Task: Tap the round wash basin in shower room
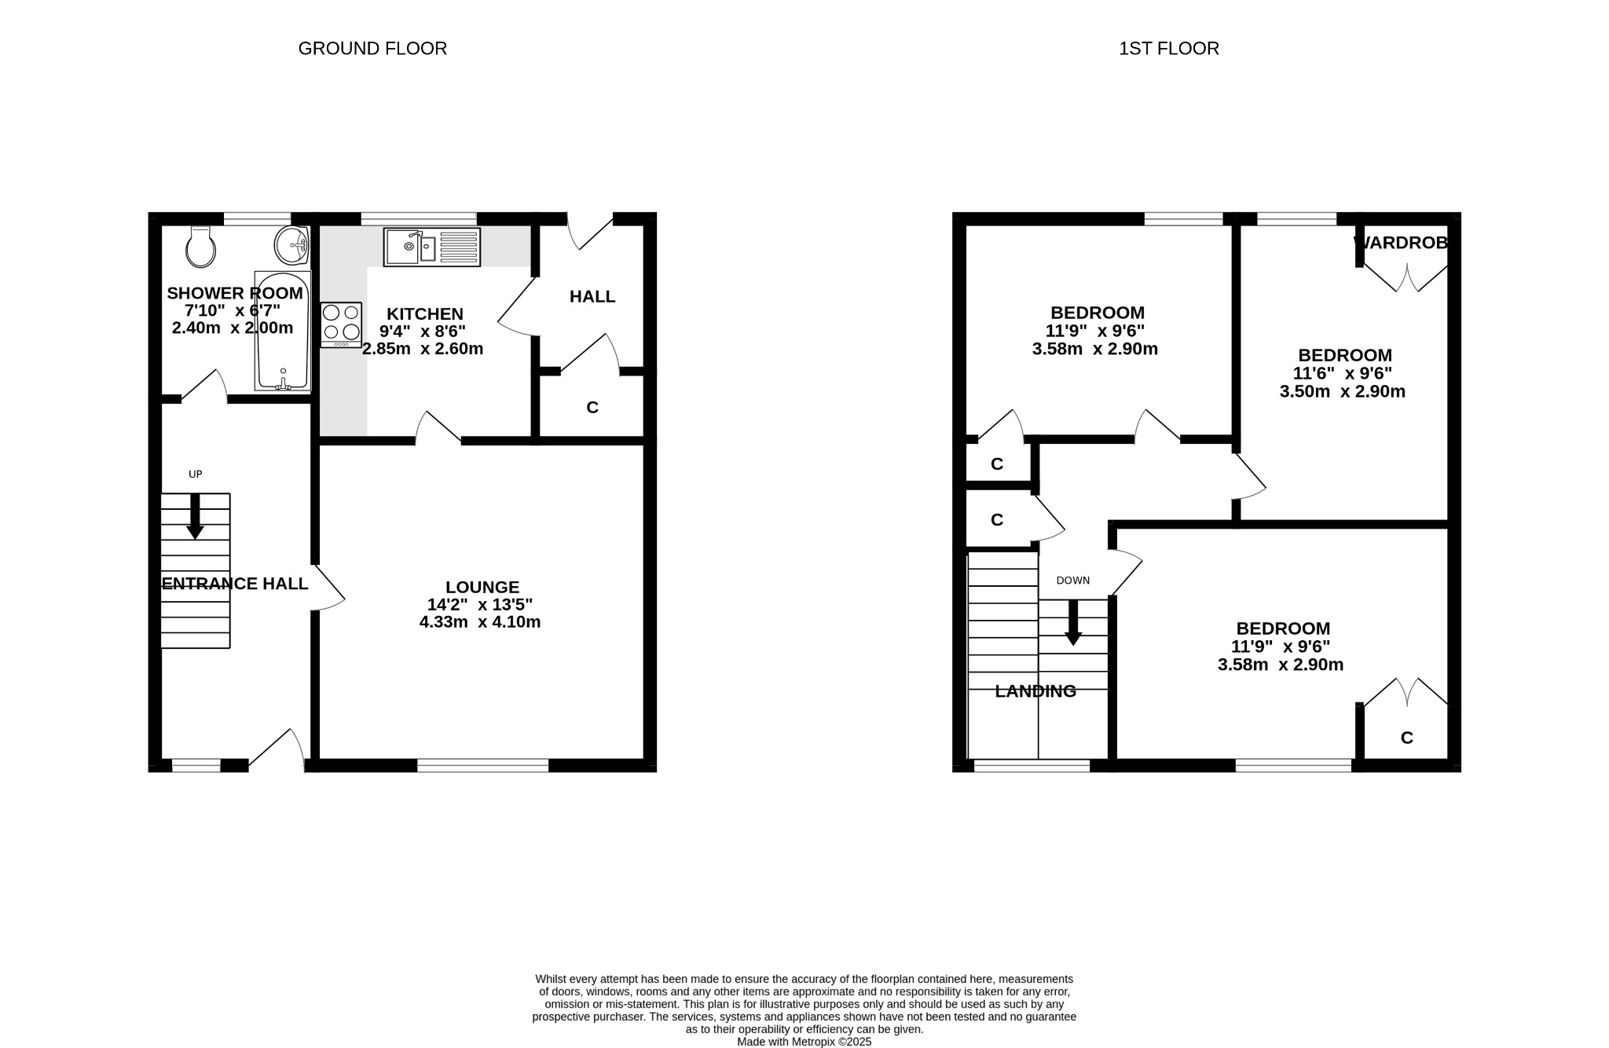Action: [x=291, y=246]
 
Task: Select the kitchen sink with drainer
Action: [x=431, y=247]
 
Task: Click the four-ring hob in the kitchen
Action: [x=341, y=324]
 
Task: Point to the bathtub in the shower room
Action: [x=282, y=331]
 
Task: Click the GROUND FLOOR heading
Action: [x=372, y=49]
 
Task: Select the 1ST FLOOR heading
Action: [x=1168, y=49]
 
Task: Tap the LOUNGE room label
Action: [x=482, y=587]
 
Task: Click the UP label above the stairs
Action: [x=196, y=474]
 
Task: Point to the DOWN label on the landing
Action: [x=1072, y=581]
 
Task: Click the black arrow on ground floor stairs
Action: [x=195, y=517]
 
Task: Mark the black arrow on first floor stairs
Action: [x=1072, y=623]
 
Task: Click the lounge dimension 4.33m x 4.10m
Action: [x=480, y=622]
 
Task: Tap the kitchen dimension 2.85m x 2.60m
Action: [x=423, y=349]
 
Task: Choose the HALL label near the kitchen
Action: [x=592, y=296]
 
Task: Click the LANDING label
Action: [x=1035, y=691]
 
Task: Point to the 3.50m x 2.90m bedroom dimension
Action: [x=1342, y=391]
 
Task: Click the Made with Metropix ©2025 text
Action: [x=804, y=1042]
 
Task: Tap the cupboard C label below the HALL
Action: [x=592, y=407]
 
